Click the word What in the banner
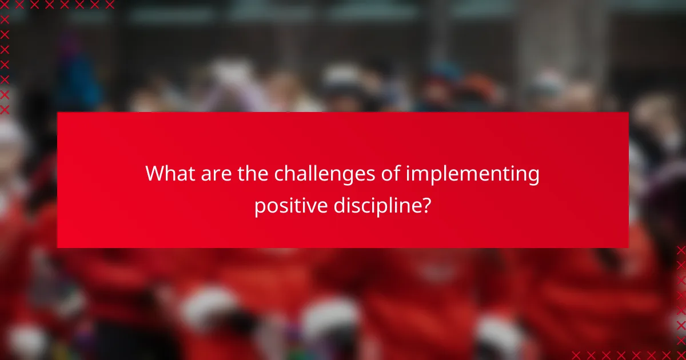tap(169, 174)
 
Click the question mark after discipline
tap(426, 205)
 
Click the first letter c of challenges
tap(280, 175)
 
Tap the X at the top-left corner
tap(5, 5)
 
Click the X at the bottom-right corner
tap(681, 355)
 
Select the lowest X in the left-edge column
tap(5, 109)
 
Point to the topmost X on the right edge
tap(681, 250)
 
